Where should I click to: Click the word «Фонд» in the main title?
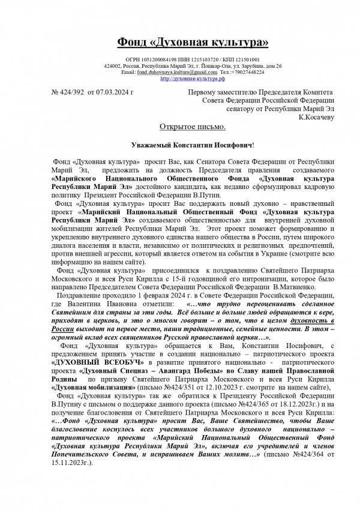136,41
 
